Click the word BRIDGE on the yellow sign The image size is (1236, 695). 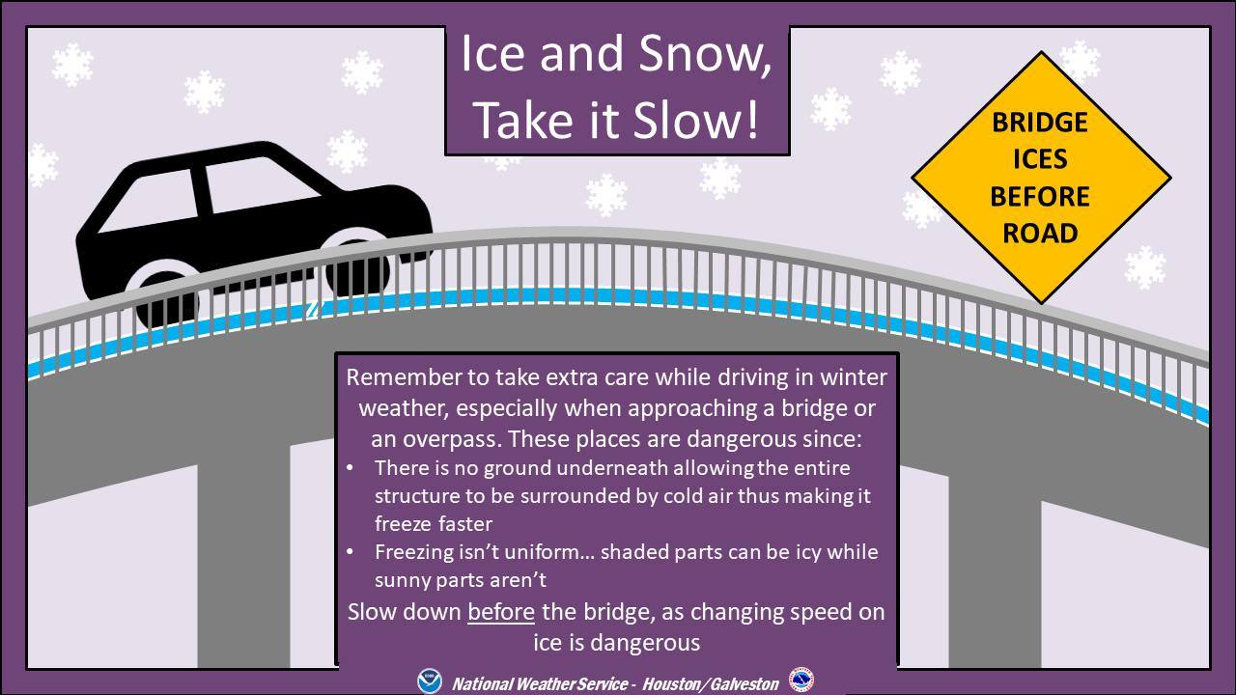point(1040,123)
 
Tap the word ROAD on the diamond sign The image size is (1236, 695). point(1040,234)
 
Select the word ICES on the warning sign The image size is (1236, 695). point(1040,159)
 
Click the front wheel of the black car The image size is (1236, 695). point(357,267)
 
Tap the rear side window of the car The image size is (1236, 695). point(150,201)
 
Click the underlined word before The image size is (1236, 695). point(501,612)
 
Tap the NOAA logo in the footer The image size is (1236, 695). point(430,681)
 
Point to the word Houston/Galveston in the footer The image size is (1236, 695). point(710,684)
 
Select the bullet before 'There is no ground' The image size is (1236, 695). point(350,468)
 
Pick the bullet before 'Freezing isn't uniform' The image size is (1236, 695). point(350,551)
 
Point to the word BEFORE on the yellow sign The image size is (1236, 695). point(1040,196)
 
